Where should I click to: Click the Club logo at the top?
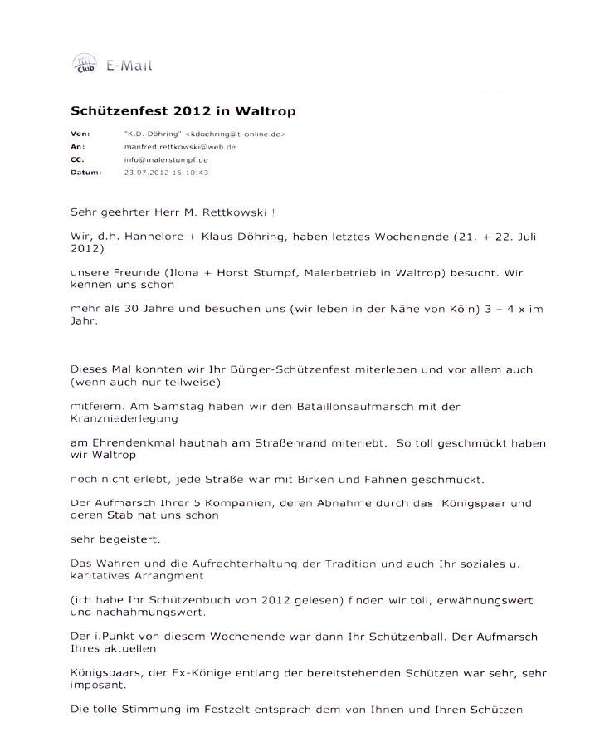click(84, 64)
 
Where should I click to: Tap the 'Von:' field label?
click(79, 134)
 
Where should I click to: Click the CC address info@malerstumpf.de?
click(154, 159)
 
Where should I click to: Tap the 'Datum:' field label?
click(84, 173)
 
